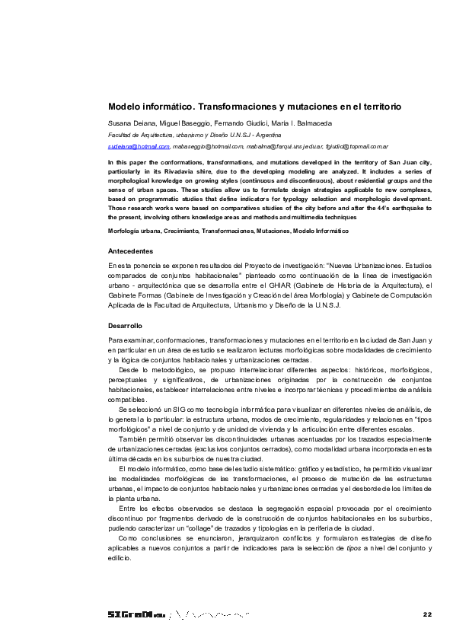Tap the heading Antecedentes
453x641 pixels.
tap(131, 251)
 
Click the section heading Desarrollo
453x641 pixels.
tap(126, 325)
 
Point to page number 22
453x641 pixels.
tap(426, 614)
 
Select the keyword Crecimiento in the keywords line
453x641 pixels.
tap(183, 230)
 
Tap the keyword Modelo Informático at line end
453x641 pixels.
tap(321, 230)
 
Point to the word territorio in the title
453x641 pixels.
tap(374, 107)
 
